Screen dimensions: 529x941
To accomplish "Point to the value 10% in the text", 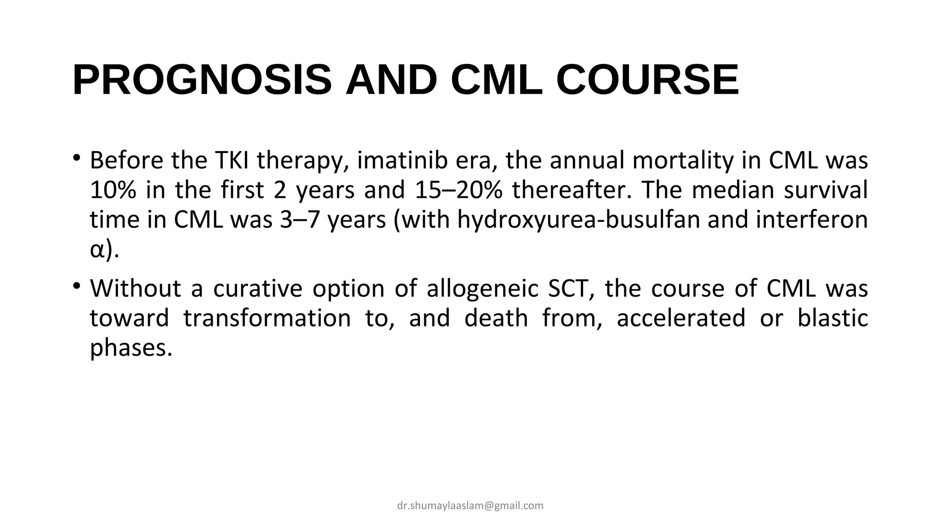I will (113, 190).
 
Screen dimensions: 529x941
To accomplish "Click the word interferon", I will (811, 219).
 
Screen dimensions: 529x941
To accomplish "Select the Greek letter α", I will (96, 250).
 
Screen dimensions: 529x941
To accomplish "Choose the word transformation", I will (267, 318).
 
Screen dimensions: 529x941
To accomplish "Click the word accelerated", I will (680, 318).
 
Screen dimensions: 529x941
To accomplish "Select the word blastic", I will (832, 318).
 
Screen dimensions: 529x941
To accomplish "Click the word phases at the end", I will (130, 348).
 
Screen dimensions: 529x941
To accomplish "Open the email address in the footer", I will (470, 506).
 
